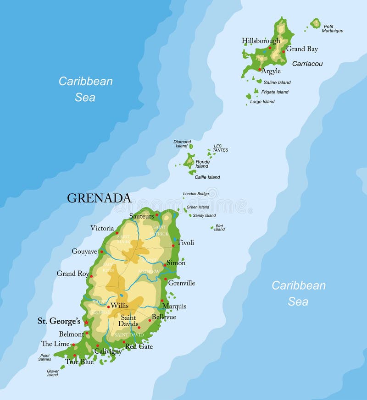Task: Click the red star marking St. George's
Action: click(x=86, y=323)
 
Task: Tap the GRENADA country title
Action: click(x=99, y=198)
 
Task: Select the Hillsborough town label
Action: click(x=261, y=41)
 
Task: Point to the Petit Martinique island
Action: click(x=315, y=23)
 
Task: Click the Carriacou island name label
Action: click(x=307, y=64)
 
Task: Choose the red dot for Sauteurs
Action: click(x=157, y=214)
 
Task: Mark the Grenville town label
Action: click(x=181, y=283)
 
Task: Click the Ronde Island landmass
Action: click(x=189, y=161)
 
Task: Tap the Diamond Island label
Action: click(x=182, y=144)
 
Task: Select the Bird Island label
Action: click(x=219, y=227)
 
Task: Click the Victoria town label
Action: click(x=102, y=228)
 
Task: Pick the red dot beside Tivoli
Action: click(x=173, y=246)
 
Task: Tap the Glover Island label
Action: click(x=53, y=373)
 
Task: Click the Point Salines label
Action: click(x=45, y=357)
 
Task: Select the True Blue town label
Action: click(x=79, y=362)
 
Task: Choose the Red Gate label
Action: click(x=139, y=347)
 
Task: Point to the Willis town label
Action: click(x=119, y=306)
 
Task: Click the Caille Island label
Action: click(x=207, y=177)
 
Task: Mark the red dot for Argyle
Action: click(x=260, y=70)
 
